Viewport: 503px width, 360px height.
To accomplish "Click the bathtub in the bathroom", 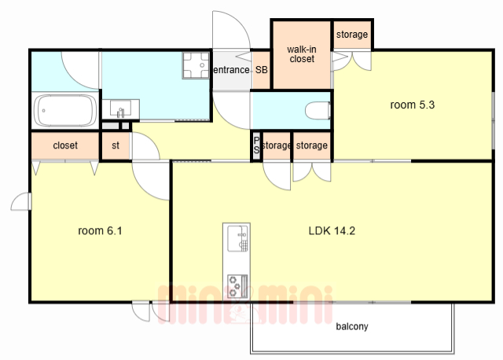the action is click(65, 111).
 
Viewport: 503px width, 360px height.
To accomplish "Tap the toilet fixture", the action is click(318, 110).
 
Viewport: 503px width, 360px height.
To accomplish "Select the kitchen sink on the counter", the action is click(237, 238).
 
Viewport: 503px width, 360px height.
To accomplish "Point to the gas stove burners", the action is click(237, 285).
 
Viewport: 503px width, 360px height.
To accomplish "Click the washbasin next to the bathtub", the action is click(120, 108).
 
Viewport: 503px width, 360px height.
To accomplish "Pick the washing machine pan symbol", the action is click(196, 65).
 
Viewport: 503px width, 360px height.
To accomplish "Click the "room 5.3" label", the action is click(412, 105).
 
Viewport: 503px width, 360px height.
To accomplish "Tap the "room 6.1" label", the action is click(100, 230).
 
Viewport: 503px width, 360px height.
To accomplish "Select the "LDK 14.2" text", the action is click(332, 230).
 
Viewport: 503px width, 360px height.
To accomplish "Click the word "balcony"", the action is click(352, 327).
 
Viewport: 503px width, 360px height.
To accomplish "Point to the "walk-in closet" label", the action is click(302, 54).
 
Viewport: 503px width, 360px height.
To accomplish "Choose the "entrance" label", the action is click(231, 70).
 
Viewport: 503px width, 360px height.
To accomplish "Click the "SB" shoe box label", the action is click(262, 70).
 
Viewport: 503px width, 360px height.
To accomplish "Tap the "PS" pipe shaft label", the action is click(256, 145).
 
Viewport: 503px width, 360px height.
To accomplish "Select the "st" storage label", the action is click(116, 145).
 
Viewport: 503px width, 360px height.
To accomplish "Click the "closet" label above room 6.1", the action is click(65, 145).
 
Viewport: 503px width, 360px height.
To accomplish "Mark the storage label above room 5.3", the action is click(352, 35).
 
